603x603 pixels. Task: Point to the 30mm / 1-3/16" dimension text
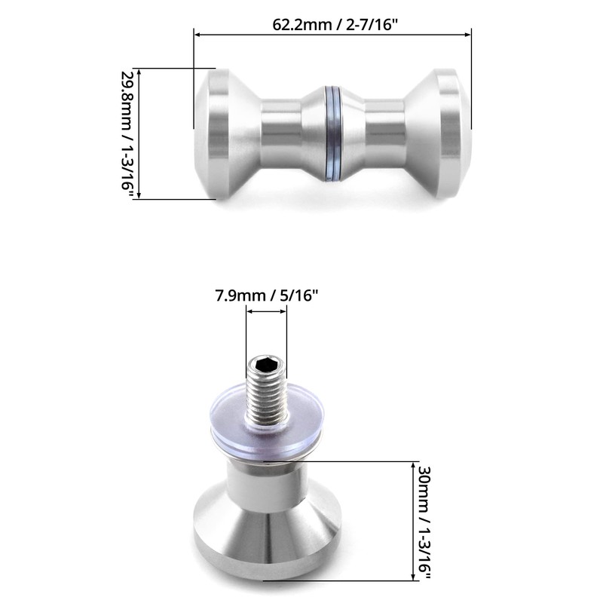point(424,521)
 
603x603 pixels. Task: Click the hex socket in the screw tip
point(266,366)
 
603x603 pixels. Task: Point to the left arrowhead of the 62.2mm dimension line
point(197,33)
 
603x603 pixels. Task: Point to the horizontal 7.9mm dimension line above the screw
point(266,315)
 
